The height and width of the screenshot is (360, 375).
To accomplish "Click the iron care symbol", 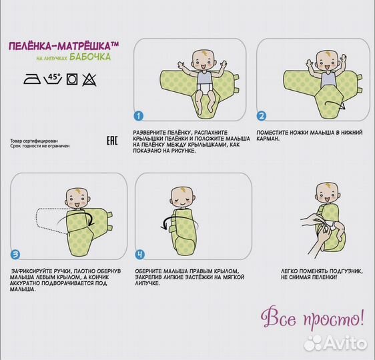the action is pyautogui.click(x=32, y=79).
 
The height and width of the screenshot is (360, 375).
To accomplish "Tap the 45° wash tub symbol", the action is pyautogui.click(x=53, y=79).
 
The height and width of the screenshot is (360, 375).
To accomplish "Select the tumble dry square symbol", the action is pyautogui.click(x=72, y=79).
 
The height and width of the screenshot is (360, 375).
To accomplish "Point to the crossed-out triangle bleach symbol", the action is pyautogui.click(x=89, y=79).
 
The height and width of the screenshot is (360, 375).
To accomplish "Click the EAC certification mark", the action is pyautogui.click(x=112, y=141).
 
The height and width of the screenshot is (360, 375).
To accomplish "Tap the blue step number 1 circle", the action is pyautogui.click(x=139, y=117).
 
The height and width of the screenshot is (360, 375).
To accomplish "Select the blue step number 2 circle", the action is pyautogui.click(x=262, y=116).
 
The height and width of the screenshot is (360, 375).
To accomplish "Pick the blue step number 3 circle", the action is pyautogui.click(x=15, y=255).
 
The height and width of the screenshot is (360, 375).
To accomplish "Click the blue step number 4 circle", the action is pyautogui.click(x=140, y=255).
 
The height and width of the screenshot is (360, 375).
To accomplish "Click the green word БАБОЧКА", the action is pyautogui.click(x=90, y=57).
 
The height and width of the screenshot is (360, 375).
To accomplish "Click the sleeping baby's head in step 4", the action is pyautogui.click(x=183, y=197).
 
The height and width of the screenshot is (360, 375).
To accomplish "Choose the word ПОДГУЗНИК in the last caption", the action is pyautogui.click(x=346, y=271).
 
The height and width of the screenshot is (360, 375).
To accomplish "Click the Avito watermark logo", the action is pyautogui.click(x=336, y=343).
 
